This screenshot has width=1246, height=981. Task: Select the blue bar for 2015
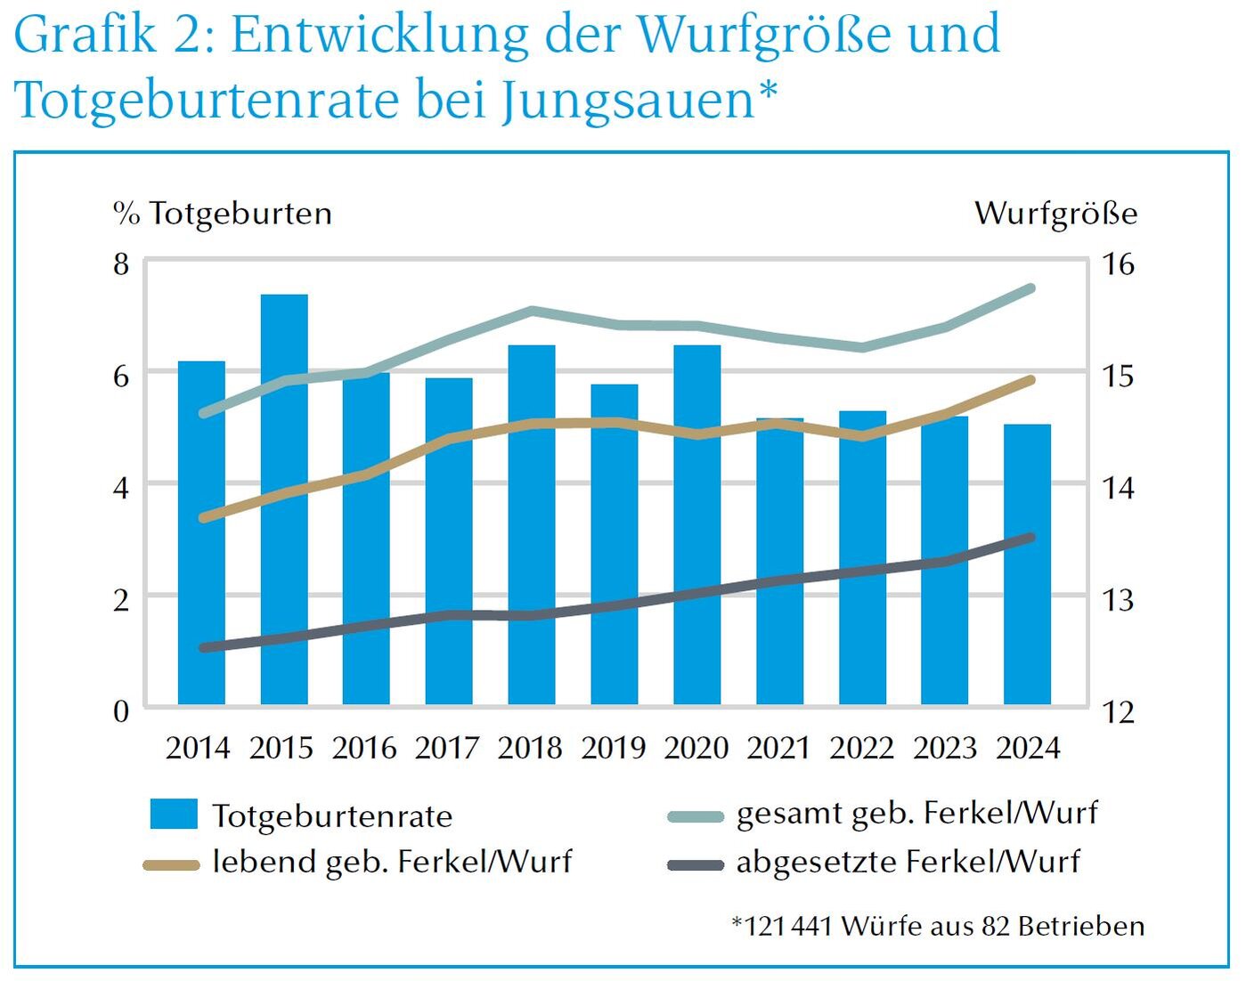click(x=284, y=499)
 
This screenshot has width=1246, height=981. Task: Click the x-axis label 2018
click(x=530, y=748)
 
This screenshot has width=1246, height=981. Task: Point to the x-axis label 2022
click(x=861, y=748)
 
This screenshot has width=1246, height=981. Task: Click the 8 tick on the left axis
click(x=121, y=264)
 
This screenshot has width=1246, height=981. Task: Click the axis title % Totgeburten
click(x=223, y=214)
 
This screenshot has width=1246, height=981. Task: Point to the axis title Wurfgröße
click(x=1055, y=214)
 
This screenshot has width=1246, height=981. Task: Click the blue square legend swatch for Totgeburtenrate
click(x=174, y=815)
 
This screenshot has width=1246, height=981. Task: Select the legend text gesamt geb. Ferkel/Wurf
click(x=916, y=813)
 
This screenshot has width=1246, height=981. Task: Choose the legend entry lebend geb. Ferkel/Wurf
click(x=392, y=862)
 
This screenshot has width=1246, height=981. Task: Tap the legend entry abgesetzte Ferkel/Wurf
click(x=908, y=862)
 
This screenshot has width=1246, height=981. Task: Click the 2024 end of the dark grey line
click(x=1030, y=538)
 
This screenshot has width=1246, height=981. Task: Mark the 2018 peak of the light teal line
click(x=532, y=311)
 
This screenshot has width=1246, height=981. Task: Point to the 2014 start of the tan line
click(x=203, y=517)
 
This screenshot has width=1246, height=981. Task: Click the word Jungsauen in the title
click(x=628, y=100)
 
